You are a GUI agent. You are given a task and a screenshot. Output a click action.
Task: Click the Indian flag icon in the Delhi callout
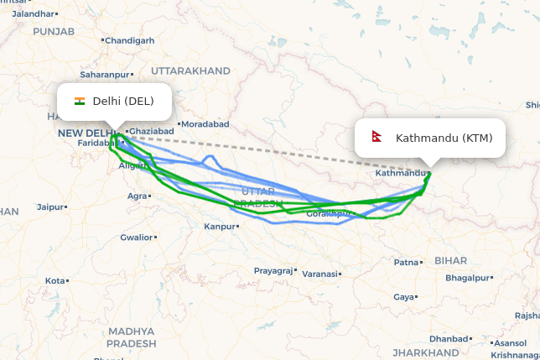[80, 102]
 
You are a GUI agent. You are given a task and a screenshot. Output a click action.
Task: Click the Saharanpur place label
[106, 75]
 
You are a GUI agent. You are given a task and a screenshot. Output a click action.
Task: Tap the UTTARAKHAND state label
[191, 70]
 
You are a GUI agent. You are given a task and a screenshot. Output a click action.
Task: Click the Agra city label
[137, 196]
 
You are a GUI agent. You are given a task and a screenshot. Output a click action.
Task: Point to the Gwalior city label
[136, 237]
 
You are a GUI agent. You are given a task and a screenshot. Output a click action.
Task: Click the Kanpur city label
[220, 227]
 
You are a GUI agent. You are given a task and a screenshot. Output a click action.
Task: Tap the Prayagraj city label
[274, 270]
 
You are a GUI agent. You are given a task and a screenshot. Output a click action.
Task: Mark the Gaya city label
[403, 297]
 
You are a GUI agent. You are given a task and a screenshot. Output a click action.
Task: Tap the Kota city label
[55, 280]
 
